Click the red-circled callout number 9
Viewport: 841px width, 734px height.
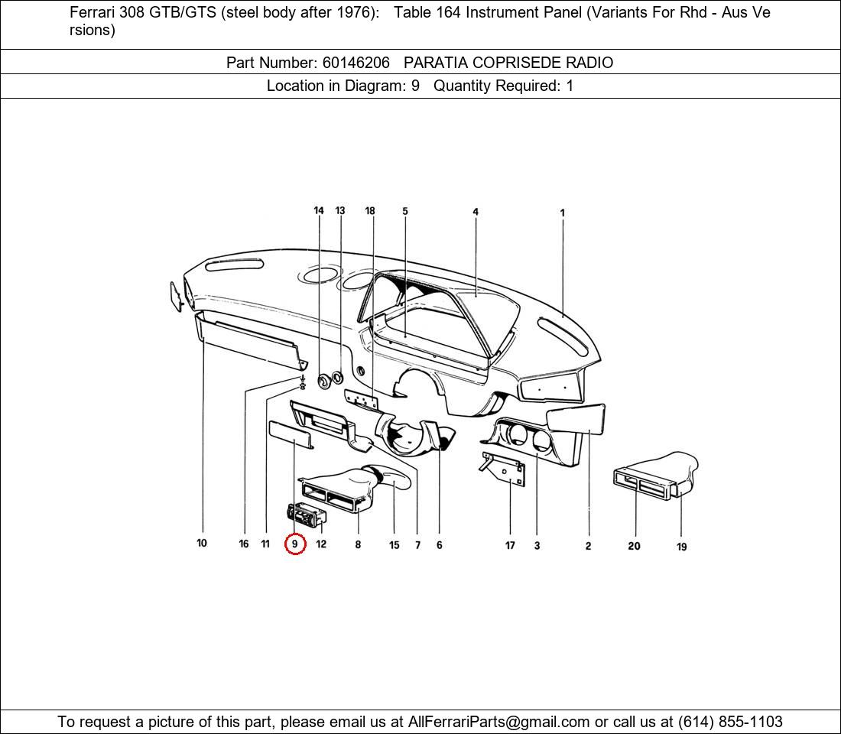tap(295, 544)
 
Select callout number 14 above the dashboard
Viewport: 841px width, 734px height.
tap(319, 211)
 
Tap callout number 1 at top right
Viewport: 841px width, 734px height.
tap(563, 213)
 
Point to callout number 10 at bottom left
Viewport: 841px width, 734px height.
tap(202, 544)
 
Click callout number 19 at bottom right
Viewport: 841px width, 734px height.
tap(681, 547)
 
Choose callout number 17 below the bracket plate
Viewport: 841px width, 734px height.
tap(510, 546)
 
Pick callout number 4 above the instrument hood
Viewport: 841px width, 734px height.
tap(476, 212)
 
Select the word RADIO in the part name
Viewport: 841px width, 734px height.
tap(589, 63)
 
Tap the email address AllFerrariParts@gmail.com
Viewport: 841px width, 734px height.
tap(499, 722)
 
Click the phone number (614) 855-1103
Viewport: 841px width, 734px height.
tap(730, 722)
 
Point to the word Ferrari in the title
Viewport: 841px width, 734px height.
tap(95, 13)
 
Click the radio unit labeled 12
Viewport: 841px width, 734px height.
tap(306, 515)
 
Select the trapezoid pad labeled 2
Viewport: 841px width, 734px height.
tap(577, 419)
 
